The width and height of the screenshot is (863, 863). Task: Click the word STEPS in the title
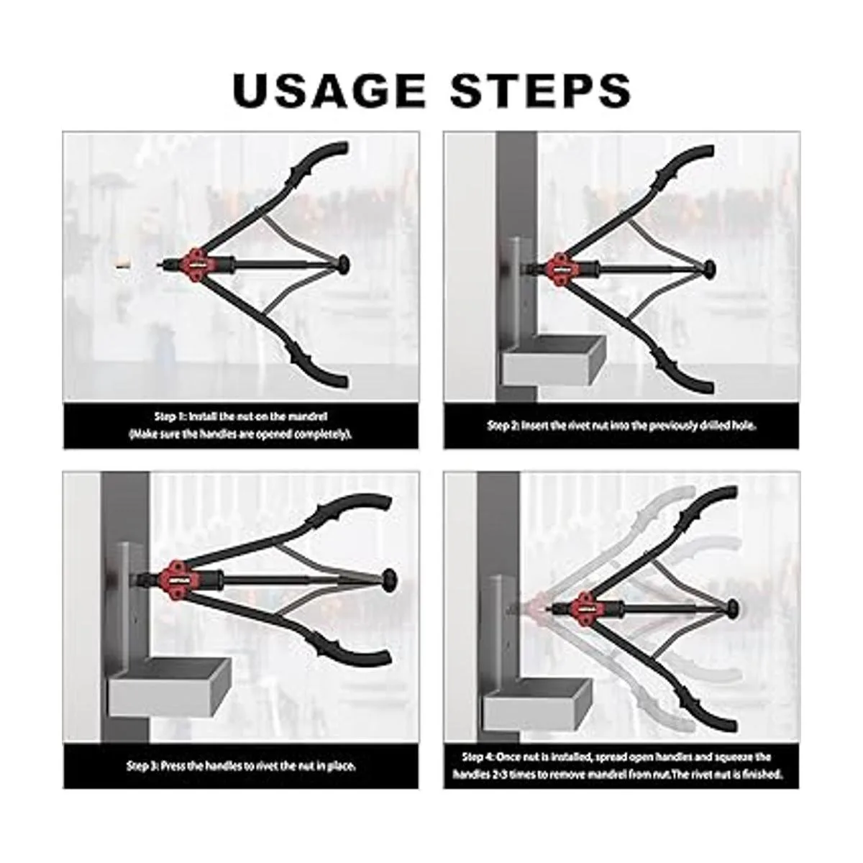(541, 91)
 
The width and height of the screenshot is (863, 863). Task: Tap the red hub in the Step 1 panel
(196, 265)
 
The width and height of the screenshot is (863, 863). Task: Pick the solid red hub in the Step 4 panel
(585, 608)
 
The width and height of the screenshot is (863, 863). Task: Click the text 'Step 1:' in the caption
(170, 416)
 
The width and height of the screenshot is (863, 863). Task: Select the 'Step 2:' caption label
(503, 426)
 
